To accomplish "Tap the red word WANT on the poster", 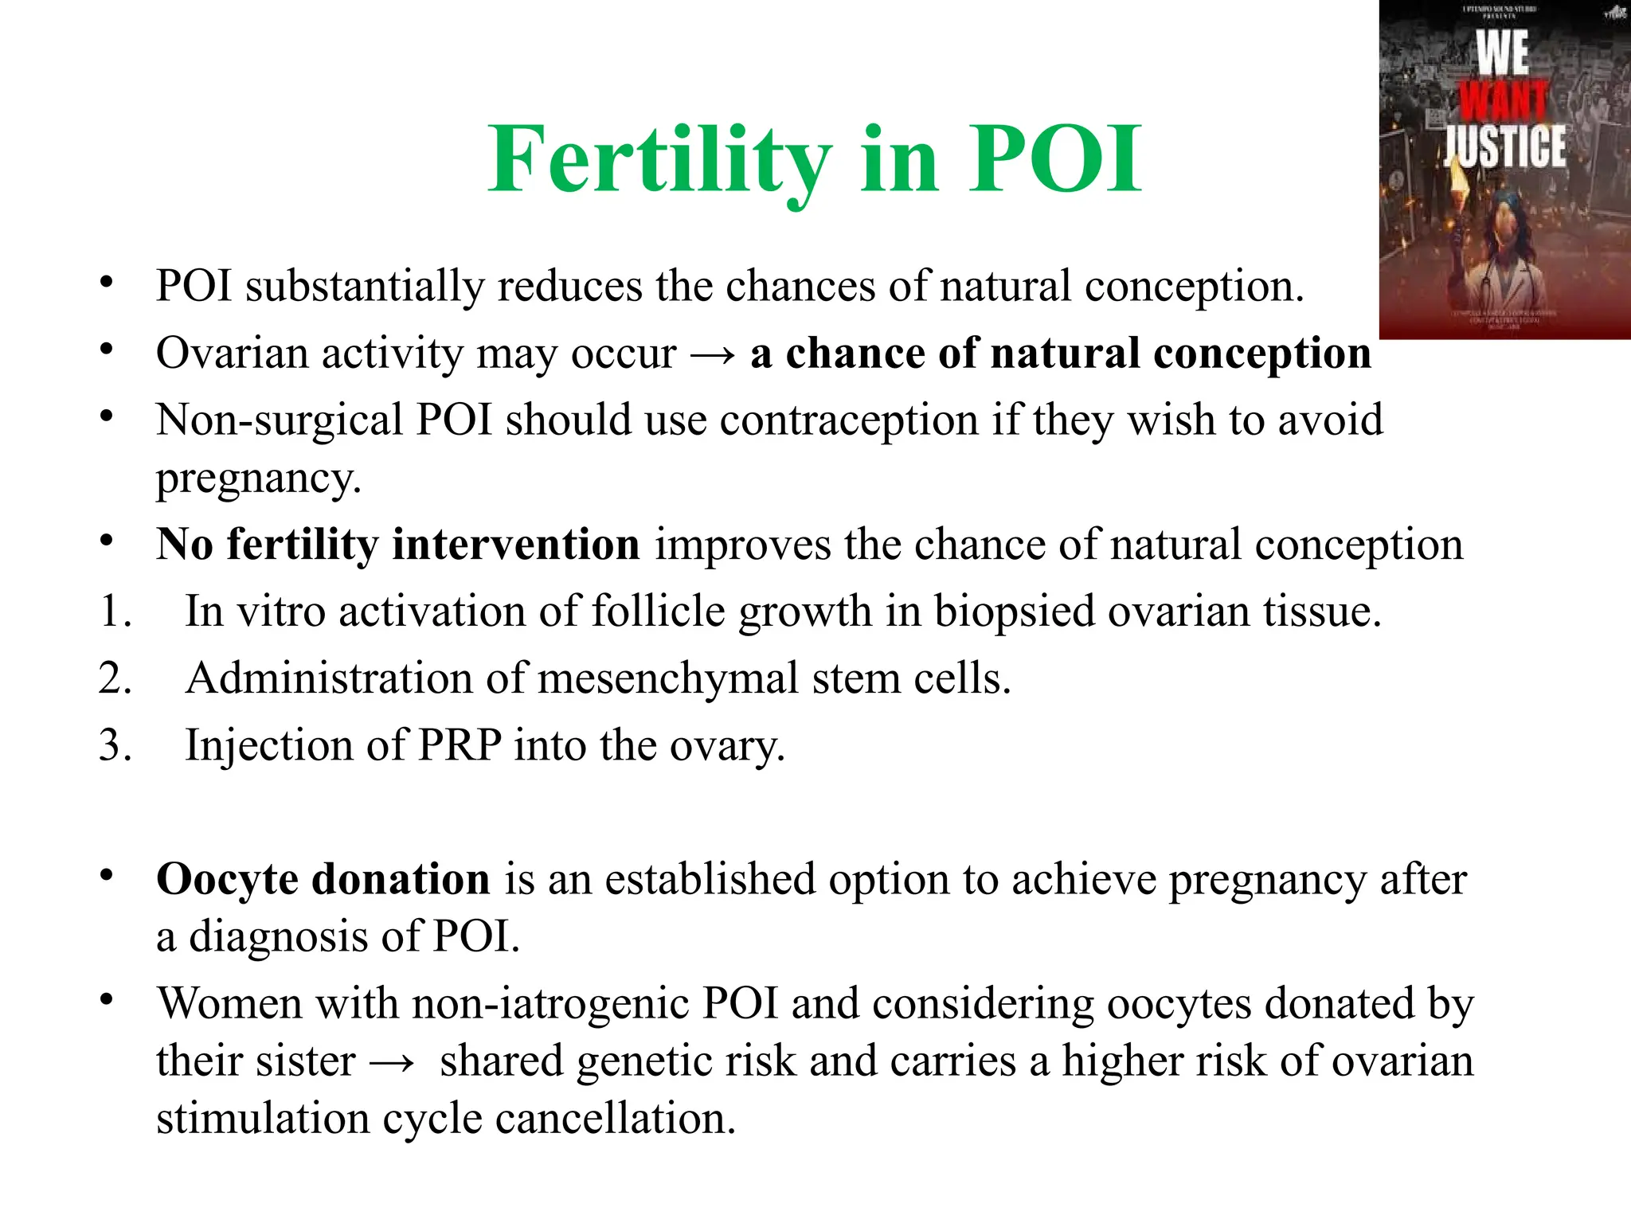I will [1504, 102].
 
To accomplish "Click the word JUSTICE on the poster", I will [1504, 148].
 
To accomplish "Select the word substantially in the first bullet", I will [364, 286].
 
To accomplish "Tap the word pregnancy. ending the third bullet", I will [259, 479].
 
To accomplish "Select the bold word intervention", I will [516, 545].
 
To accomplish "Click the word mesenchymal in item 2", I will [667, 679].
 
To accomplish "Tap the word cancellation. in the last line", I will [615, 1119].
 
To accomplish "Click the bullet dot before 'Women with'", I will [107, 999].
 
